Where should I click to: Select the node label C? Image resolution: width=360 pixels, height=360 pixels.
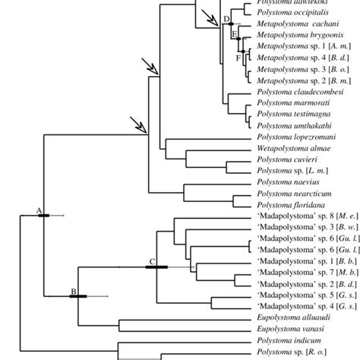click(151, 240)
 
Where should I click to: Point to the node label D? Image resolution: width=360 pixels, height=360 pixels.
click(226, 18)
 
